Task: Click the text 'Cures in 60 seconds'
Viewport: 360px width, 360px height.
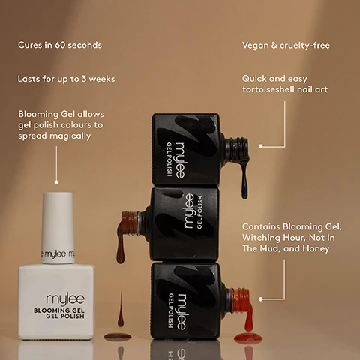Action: (x=60, y=46)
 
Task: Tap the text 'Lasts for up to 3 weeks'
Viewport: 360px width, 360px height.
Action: (x=67, y=79)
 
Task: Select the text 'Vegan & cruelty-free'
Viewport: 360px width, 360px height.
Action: (x=286, y=46)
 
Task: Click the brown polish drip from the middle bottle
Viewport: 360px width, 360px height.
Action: (x=121, y=240)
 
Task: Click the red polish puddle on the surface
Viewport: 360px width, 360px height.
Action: (x=247, y=338)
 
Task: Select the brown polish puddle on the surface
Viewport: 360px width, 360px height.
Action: (x=117, y=335)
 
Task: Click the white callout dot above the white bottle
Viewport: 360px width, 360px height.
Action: (x=56, y=181)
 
